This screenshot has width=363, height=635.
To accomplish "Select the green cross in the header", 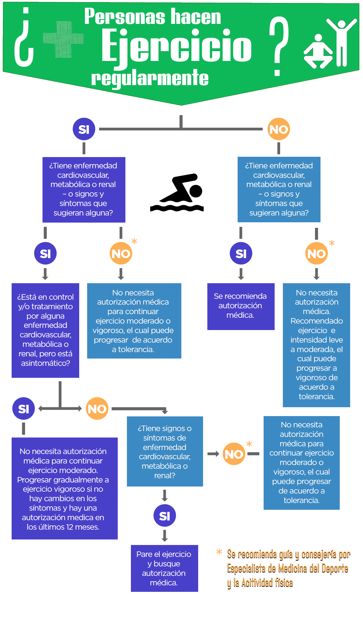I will coord(63,39).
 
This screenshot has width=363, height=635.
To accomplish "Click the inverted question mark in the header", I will coord(24,38).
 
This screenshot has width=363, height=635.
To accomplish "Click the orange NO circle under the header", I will coord(279,129).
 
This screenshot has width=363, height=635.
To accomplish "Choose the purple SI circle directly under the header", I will coord(84,129).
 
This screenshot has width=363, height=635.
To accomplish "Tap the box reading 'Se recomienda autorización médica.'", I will coord(241,306).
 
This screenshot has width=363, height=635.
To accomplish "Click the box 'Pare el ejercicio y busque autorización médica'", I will coord(164,568).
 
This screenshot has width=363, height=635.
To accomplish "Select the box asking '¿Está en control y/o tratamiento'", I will coord(45,330).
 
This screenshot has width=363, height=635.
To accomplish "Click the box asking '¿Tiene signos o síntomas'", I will coord(165,451).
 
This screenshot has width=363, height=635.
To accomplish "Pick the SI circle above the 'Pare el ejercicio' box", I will coord(165,516).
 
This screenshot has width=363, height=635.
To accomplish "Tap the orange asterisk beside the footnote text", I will coord(219,552).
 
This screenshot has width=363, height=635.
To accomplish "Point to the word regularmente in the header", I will coord(150,78).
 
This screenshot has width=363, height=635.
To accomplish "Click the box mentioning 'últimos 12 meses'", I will coord(65,488).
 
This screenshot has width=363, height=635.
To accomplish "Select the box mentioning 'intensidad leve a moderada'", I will coord(316,345).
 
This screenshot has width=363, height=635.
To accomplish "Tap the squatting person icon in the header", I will coord(318,52).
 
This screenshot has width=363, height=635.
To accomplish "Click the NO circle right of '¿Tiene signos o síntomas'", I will coord(234,454).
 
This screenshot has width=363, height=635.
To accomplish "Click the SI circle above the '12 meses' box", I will coord(24,409).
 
